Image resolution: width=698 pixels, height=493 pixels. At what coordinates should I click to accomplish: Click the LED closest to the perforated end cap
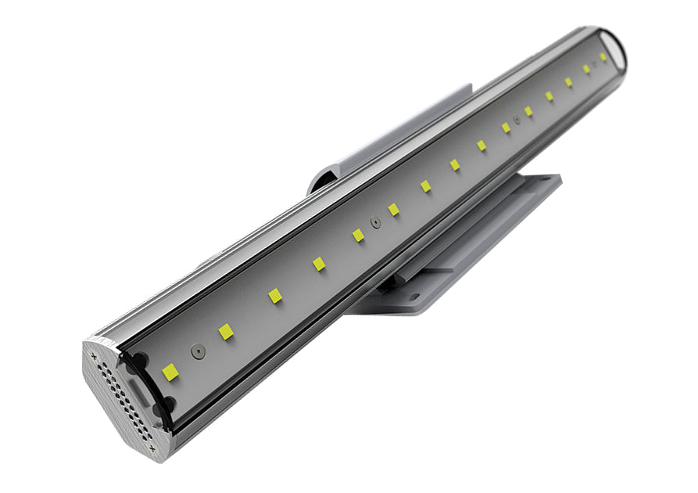coord(170,372)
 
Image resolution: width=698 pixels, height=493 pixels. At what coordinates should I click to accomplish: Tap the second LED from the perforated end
coord(226,331)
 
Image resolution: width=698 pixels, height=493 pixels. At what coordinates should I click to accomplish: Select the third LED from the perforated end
coord(274,296)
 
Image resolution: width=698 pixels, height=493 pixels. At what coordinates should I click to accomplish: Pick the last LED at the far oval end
coord(603,57)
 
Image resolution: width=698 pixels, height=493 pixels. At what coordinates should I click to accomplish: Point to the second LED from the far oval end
coord(586,69)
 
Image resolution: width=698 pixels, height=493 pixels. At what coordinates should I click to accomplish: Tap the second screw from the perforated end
coord(376,222)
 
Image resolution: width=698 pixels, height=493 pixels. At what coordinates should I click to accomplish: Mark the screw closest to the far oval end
coord(594,64)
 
